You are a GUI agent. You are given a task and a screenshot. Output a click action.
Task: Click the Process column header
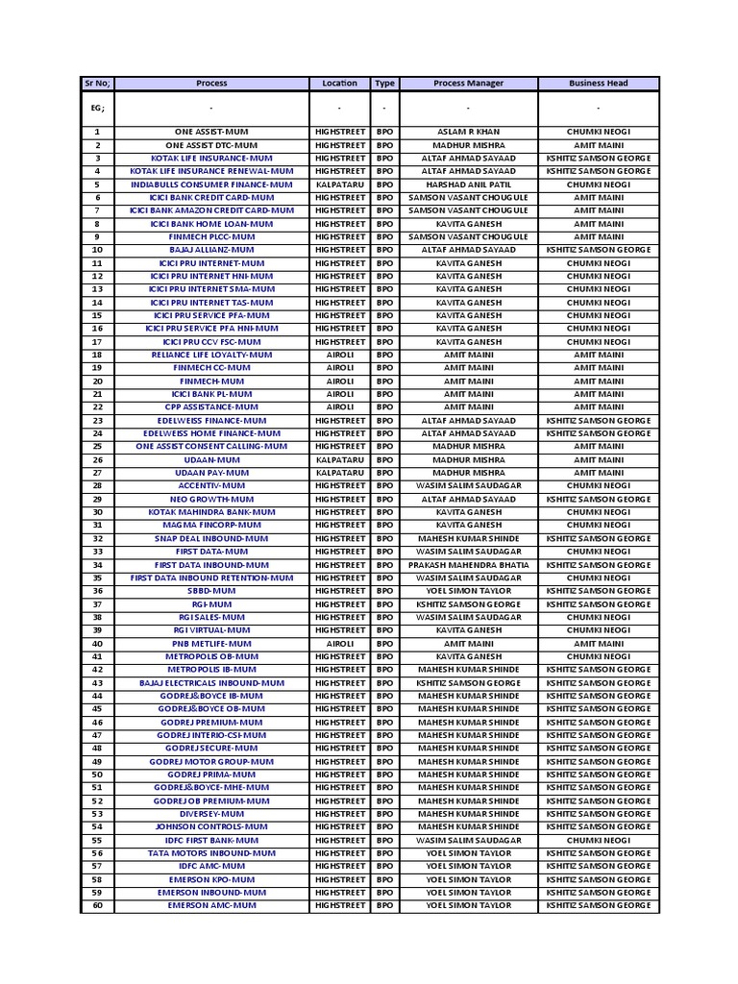(211, 84)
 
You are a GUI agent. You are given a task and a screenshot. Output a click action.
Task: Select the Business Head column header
(598, 84)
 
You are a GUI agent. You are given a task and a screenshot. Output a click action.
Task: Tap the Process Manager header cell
(468, 84)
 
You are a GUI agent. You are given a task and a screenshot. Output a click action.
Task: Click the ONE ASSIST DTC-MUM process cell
(211, 145)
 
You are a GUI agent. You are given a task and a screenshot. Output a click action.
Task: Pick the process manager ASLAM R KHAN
(468, 132)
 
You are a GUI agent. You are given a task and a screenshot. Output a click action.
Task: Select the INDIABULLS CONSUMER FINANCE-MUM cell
(211, 184)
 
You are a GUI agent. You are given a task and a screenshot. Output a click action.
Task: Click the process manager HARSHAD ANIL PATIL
(468, 184)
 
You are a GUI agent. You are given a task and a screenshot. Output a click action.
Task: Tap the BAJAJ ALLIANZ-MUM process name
(211, 250)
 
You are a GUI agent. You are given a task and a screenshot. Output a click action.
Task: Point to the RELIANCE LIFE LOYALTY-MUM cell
(211, 355)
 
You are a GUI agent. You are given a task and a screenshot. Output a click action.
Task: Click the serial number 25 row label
(97, 447)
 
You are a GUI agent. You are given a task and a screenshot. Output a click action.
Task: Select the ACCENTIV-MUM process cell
(211, 486)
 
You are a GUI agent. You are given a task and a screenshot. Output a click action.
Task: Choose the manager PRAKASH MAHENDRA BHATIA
(468, 565)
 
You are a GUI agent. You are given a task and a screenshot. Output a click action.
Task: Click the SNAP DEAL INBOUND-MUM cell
(211, 538)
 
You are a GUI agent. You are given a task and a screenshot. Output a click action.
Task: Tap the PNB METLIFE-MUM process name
(211, 644)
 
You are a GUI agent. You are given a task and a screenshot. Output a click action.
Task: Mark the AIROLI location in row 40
(339, 644)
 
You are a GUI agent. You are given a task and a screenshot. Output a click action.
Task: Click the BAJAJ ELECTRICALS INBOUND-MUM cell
(211, 682)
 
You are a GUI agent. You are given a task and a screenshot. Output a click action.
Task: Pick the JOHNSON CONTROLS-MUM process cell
(211, 826)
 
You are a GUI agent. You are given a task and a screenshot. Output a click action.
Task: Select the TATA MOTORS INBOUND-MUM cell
(211, 853)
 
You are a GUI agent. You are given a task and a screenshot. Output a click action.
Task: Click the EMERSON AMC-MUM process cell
(211, 905)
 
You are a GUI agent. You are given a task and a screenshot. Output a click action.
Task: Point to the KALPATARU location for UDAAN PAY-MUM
(339, 473)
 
